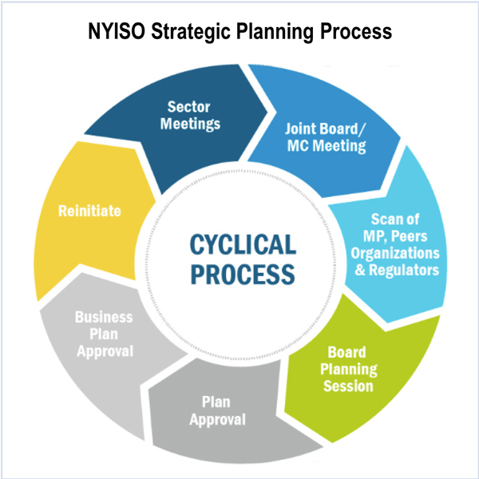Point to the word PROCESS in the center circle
[239, 273]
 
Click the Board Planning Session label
[348, 369]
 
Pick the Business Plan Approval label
[104, 334]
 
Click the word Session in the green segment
[348, 386]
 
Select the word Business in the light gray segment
[104, 317]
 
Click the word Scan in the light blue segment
[388, 220]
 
